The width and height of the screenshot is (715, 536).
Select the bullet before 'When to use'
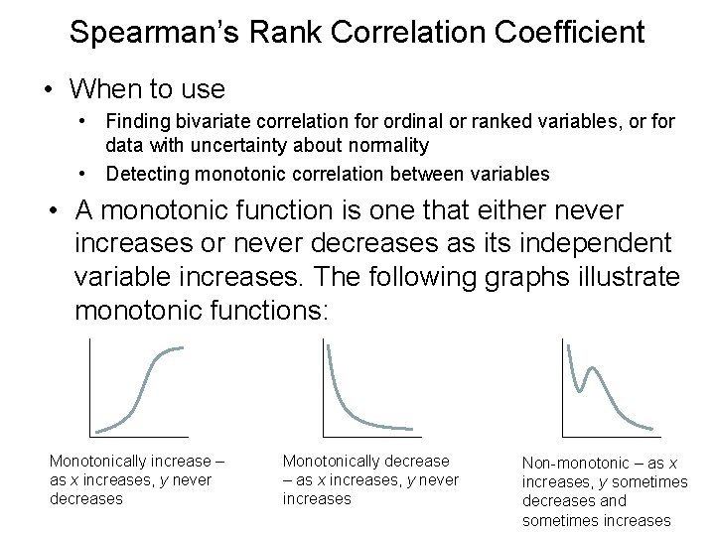pos(47,89)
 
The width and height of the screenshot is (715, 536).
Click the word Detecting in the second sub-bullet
pos(145,174)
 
